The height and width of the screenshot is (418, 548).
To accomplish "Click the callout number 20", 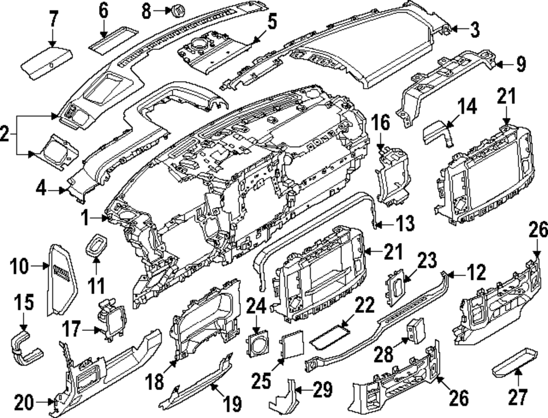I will pos(25,404).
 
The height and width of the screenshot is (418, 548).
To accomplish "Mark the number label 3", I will pos(474,30).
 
